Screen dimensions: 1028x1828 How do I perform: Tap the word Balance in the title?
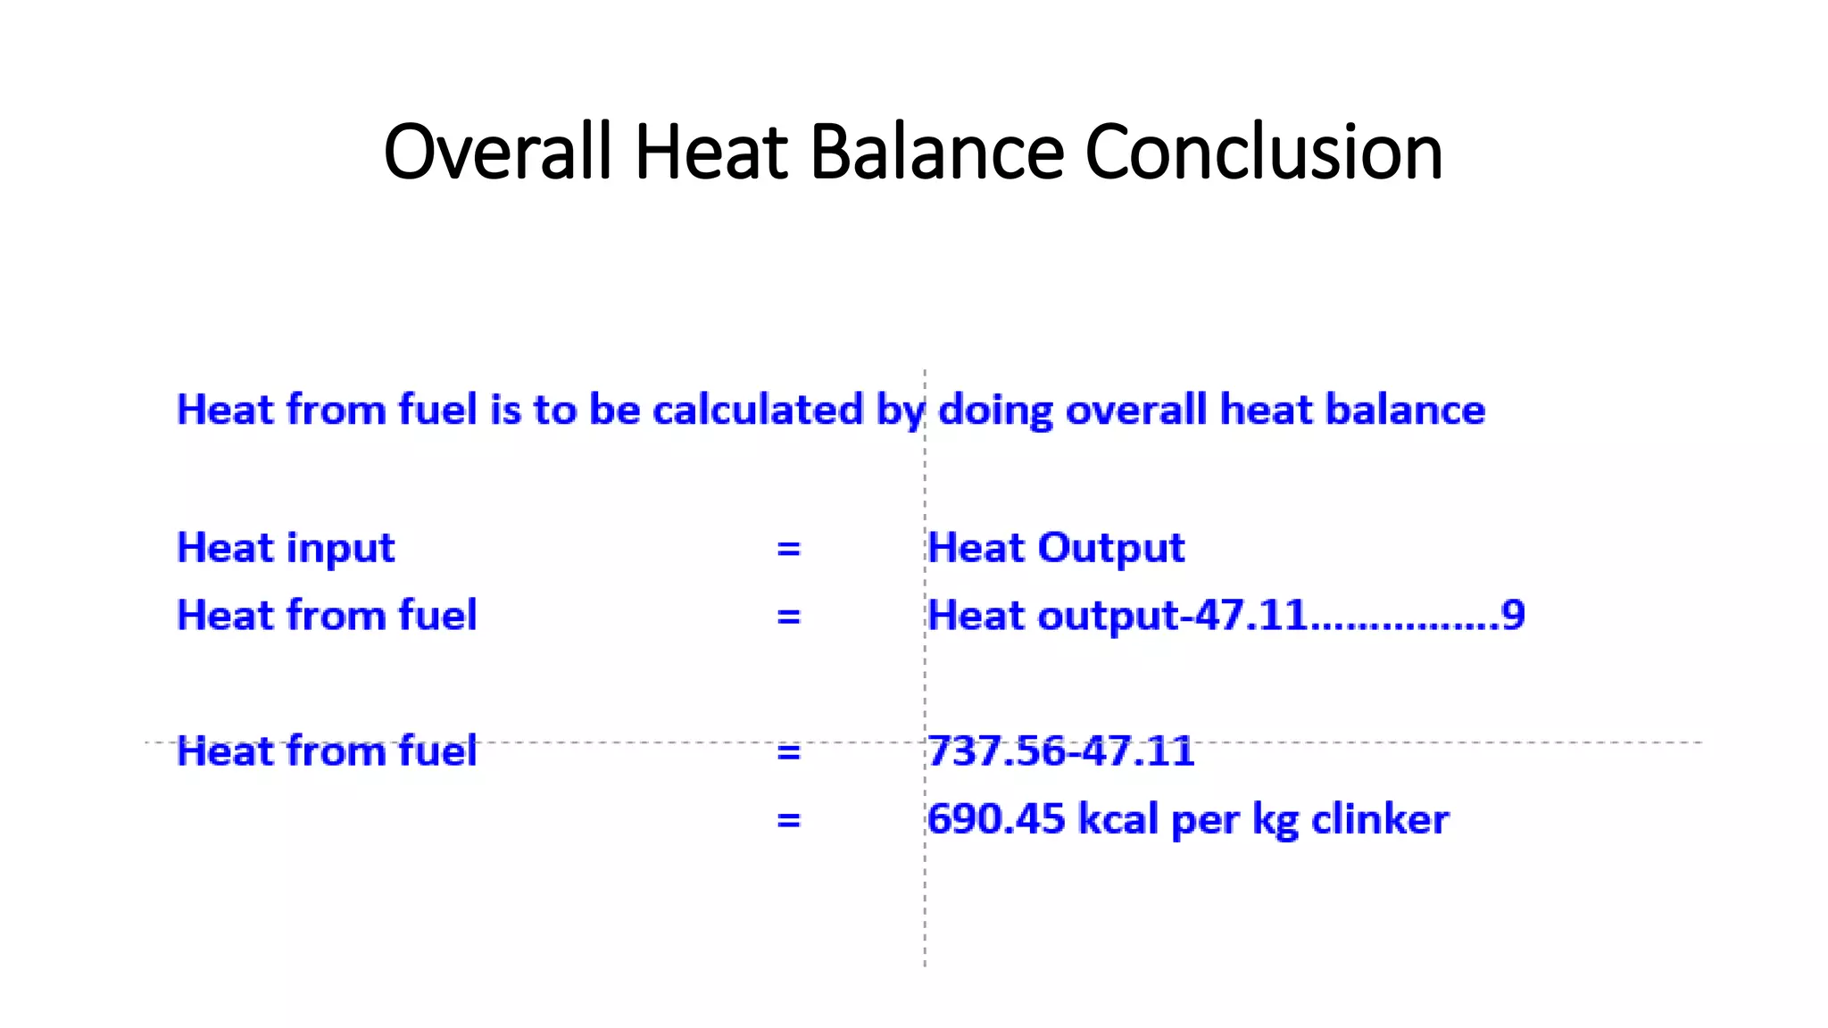tap(937, 152)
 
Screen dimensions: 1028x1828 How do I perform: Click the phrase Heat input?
tap(286, 548)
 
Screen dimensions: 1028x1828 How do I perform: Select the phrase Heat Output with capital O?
tap(1056, 548)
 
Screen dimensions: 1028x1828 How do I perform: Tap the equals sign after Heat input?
tap(788, 548)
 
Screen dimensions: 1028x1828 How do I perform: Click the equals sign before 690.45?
tap(788, 819)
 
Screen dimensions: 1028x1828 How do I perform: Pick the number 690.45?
tap(996, 819)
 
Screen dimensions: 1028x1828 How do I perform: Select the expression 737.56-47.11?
tap(1060, 751)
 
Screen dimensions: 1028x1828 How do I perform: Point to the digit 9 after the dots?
tap(1513, 616)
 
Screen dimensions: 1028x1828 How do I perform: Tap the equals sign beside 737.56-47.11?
tap(788, 752)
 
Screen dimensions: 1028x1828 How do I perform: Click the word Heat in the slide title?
tap(710, 152)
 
